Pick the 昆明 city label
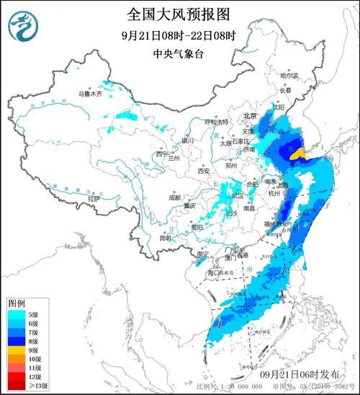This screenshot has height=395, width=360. click(166, 237)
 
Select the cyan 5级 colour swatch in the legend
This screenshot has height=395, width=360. click(16, 314)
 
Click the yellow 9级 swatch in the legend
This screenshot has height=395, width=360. click(16, 349)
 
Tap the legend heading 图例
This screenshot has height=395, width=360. click(17, 301)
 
